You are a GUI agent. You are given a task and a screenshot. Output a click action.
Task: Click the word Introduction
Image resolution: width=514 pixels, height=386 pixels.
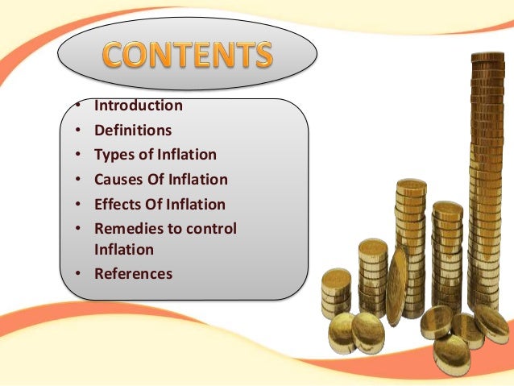coord(139,106)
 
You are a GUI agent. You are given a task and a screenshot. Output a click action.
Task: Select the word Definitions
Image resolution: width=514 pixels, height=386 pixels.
coord(133,130)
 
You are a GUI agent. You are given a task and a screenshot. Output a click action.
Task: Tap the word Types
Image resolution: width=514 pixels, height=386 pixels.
coord(114,155)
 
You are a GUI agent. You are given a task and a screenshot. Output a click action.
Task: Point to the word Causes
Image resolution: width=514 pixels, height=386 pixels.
coord(118,180)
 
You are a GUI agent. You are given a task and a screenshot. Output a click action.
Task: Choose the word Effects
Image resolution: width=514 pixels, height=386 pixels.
coord(118,204)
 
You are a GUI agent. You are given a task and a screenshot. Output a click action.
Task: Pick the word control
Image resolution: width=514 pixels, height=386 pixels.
coord(211,229)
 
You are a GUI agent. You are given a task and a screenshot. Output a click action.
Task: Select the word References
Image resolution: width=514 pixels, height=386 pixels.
coord(133,274)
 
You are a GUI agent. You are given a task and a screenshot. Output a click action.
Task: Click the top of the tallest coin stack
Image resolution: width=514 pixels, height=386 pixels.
coord(487,59)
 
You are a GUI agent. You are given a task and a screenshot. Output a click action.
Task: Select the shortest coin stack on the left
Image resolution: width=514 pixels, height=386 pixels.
coord(335,294)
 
